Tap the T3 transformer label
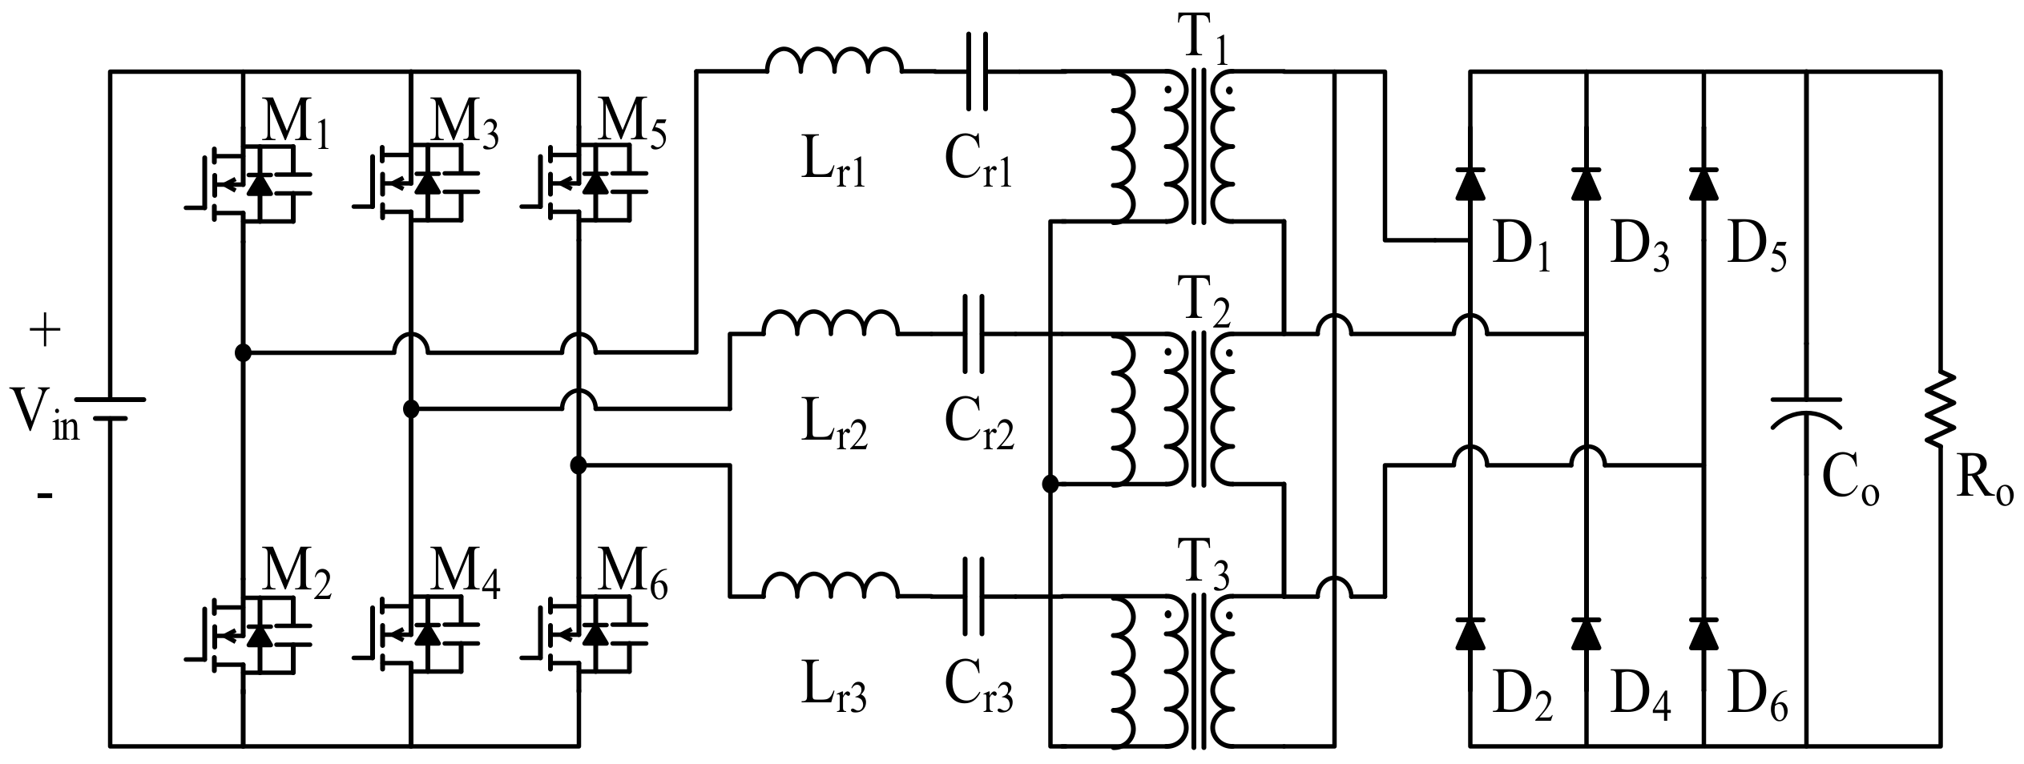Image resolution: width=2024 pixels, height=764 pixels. point(1202,565)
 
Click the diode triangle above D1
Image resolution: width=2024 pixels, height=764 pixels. point(1470,183)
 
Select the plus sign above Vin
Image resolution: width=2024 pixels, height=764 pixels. point(45,332)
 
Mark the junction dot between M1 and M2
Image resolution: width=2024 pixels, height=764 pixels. point(241,352)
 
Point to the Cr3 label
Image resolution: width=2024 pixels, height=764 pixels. point(978,692)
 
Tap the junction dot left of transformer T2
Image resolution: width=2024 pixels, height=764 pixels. point(1050,484)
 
